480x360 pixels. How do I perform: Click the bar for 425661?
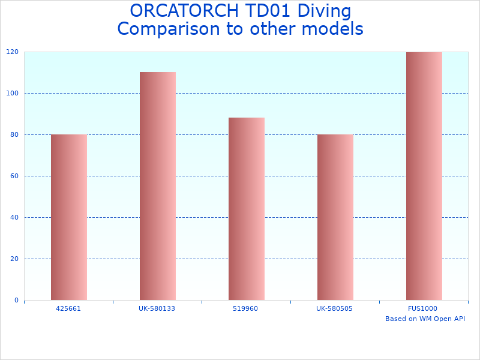pos(68,217)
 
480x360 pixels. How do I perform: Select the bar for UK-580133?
pos(157,186)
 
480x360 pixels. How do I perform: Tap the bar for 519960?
pos(246,209)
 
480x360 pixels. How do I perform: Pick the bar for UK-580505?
pos(335,217)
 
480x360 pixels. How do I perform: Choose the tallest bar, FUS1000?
pos(424,176)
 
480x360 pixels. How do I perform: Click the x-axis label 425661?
pos(68,308)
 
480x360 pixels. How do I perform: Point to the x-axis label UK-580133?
pos(157,308)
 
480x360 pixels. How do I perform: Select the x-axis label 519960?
pos(246,308)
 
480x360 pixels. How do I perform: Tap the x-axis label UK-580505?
pos(335,308)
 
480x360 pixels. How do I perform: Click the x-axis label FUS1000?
pos(424,308)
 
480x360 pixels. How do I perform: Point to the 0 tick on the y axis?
pos(16,300)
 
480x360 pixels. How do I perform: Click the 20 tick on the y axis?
pos(14,259)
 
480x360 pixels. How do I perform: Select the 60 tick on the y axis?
pos(14,176)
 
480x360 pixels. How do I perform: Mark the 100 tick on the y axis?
pos(13,93)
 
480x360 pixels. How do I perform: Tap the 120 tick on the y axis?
pos(13,52)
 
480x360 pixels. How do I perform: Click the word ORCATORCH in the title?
pos(179,11)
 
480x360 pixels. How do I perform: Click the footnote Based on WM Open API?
pos(425,319)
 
